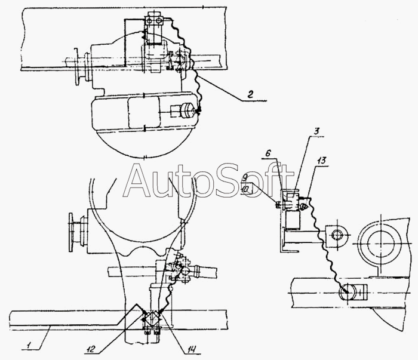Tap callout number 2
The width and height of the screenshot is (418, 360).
(x=250, y=94)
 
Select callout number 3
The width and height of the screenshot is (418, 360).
(x=316, y=131)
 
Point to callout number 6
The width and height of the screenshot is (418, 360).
(x=268, y=153)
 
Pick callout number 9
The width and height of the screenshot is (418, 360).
(x=245, y=177)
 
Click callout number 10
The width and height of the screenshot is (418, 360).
(x=245, y=189)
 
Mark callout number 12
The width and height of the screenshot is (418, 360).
(x=91, y=349)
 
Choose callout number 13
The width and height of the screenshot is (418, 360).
(x=321, y=161)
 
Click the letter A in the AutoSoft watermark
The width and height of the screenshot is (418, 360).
(x=139, y=181)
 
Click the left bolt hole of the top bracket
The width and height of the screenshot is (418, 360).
(x=149, y=20)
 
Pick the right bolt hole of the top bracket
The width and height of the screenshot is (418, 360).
(x=159, y=20)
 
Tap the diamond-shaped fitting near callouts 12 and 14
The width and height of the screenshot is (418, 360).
(x=151, y=318)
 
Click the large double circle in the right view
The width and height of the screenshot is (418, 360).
(x=380, y=243)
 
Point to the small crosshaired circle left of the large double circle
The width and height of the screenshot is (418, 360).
(x=337, y=235)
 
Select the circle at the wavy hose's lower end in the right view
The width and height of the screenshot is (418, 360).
(x=348, y=293)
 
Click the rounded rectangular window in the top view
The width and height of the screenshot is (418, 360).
(x=144, y=112)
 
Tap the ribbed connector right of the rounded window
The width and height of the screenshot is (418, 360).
(x=186, y=110)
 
